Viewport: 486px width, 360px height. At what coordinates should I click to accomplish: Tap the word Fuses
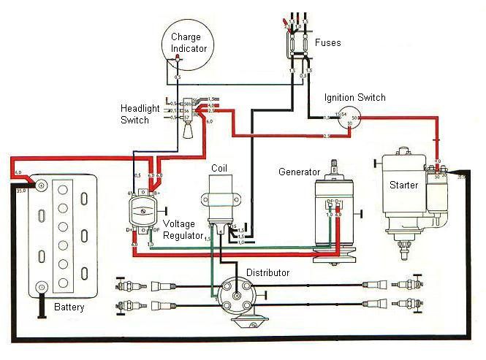(x=327, y=43)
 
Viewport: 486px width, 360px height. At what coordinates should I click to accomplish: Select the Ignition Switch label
(x=357, y=98)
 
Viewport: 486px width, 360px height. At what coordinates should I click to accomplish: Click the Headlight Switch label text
(x=140, y=114)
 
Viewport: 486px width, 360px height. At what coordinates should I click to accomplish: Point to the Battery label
(x=69, y=307)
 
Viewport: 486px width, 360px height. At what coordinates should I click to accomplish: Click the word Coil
(x=219, y=168)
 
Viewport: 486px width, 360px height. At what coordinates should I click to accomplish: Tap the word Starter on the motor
(x=403, y=185)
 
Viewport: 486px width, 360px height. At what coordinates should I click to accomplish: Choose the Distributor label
(x=267, y=272)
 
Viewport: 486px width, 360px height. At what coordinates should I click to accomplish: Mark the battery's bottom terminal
(x=41, y=286)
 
